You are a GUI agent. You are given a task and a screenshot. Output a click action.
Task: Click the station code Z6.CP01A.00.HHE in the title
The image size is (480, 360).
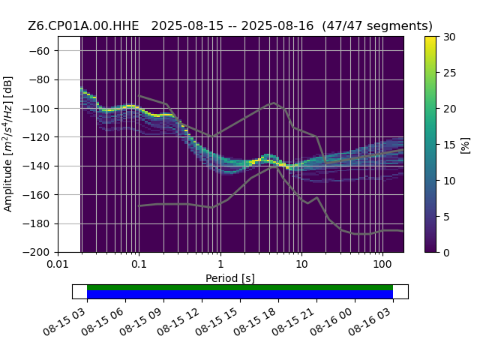(x=83, y=26)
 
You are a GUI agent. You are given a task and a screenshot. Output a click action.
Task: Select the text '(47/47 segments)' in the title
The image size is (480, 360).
(x=377, y=26)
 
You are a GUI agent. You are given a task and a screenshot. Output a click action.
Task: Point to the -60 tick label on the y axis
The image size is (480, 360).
(x=39, y=51)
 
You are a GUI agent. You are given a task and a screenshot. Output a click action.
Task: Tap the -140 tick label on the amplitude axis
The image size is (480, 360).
(x=36, y=166)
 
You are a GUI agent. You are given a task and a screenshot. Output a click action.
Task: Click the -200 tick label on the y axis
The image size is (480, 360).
(x=36, y=253)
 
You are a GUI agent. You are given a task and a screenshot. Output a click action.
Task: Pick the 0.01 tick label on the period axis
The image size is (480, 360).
(x=58, y=264)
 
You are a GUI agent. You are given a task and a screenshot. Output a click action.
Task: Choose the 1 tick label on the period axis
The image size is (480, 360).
(x=220, y=264)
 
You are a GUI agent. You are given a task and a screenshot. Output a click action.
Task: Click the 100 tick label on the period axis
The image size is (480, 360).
(x=382, y=264)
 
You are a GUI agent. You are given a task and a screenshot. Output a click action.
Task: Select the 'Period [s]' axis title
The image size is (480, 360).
(x=230, y=278)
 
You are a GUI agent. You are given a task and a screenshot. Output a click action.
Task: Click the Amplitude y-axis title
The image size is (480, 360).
(x=8, y=144)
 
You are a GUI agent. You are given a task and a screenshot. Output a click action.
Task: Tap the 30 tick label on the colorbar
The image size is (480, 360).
(x=450, y=37)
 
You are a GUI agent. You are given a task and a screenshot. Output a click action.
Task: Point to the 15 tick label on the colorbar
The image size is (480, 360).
(x=450, y=145)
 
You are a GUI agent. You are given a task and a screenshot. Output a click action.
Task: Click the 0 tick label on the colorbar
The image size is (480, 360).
(x=447, y=253)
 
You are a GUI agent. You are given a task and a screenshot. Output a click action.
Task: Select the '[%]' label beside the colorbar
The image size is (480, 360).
(x=465, y=145)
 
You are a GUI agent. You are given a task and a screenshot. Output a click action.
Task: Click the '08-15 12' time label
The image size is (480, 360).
(x=178, y=321)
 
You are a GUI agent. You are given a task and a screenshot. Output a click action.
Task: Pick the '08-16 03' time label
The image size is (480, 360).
(x=370, y=321)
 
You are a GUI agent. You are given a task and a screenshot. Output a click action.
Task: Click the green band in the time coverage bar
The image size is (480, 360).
(x=240, y=287)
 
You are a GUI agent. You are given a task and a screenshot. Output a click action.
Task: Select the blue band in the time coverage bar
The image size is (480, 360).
(x=240, y=294)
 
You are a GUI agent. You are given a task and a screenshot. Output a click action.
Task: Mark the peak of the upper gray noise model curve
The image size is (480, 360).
(x=274, y=103)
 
